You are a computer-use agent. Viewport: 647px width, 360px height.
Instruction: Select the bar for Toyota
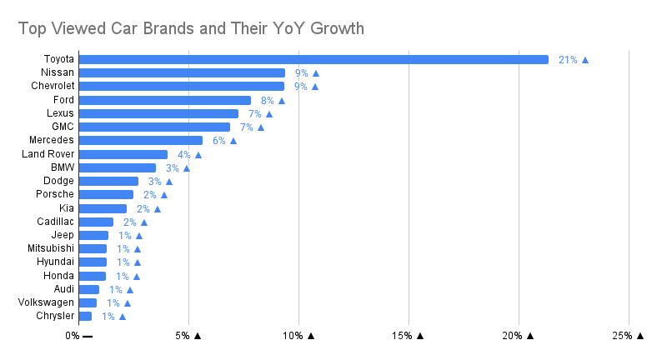click(313, 59)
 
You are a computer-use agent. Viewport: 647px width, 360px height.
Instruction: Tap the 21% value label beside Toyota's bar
click(568, 60)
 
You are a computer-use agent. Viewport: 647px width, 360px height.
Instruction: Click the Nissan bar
click(182, 73)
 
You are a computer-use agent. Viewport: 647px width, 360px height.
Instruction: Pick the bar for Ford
click(164, 100)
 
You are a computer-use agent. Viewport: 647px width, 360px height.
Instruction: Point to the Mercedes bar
click(140, 140)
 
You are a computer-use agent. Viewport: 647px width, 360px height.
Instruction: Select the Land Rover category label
click(48, 154)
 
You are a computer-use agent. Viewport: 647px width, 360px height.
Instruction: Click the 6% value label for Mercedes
click(219, 141)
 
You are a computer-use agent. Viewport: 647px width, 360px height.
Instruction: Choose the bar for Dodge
click(108, 181)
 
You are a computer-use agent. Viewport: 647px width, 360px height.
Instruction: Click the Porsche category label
click(55, 194)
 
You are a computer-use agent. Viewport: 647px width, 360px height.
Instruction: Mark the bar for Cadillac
click(96, 222)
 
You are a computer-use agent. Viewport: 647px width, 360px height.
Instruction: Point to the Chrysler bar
click(85, 316)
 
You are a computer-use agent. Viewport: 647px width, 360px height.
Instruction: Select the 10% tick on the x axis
click(293, 336)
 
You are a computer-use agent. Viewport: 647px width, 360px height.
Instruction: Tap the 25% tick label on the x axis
click(622, 336)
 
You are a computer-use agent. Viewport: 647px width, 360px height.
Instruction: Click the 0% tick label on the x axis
click(73, 336)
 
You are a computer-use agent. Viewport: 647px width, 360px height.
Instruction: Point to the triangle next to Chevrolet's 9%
click(315, 87)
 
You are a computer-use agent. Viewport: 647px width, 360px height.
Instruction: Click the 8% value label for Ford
click(268, 101)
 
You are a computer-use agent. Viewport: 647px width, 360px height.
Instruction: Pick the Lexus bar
click(158, 113)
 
